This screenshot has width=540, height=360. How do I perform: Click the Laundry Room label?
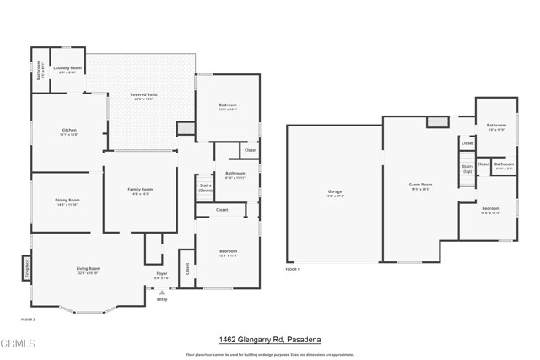click(x=67, y=68)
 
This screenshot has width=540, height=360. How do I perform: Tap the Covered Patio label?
click(x=143, y=95)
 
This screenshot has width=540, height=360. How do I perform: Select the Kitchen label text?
click(x=68, y=131)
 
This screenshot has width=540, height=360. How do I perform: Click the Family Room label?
click(x=140, y=191)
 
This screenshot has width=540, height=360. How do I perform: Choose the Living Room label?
click(x=89, y=270)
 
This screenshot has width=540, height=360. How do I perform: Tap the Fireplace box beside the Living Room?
click(x=25, y=269)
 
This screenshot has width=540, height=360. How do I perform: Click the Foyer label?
click(x=162, y=274)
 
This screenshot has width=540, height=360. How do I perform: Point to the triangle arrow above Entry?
click(x=162, y=293)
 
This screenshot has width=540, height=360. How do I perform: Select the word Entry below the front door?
click(x=162, y=299)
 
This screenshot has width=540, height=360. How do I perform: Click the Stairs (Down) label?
click(x=205, y=187)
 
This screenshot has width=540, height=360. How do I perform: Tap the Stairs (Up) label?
click(x=467, y=169)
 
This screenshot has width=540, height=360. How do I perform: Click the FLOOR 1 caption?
click(x=292, y=269)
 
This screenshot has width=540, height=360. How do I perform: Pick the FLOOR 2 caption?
click(x=28, y=320)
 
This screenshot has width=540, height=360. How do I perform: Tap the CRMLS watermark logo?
click(x=19, y=344)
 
